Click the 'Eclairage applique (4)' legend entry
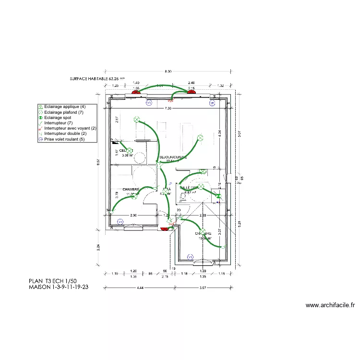pyautogui.click(x=65, y=106)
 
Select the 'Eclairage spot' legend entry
pyautogui.click(x=60, y=118)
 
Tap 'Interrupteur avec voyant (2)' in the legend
pyautogui.click(x=70, y=129)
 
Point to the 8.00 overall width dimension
pyautogui.click(x=168, y=72)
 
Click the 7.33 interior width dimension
pyautogui.click(x=168, y=108)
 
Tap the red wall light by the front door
pyautogui.click(x=166, y=229)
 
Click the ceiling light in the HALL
pyautogui.click(x=166, y=191)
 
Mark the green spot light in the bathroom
pyautogui.click(x=218, y=196)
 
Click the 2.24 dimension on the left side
pyautogui.click(x=97, y=247)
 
